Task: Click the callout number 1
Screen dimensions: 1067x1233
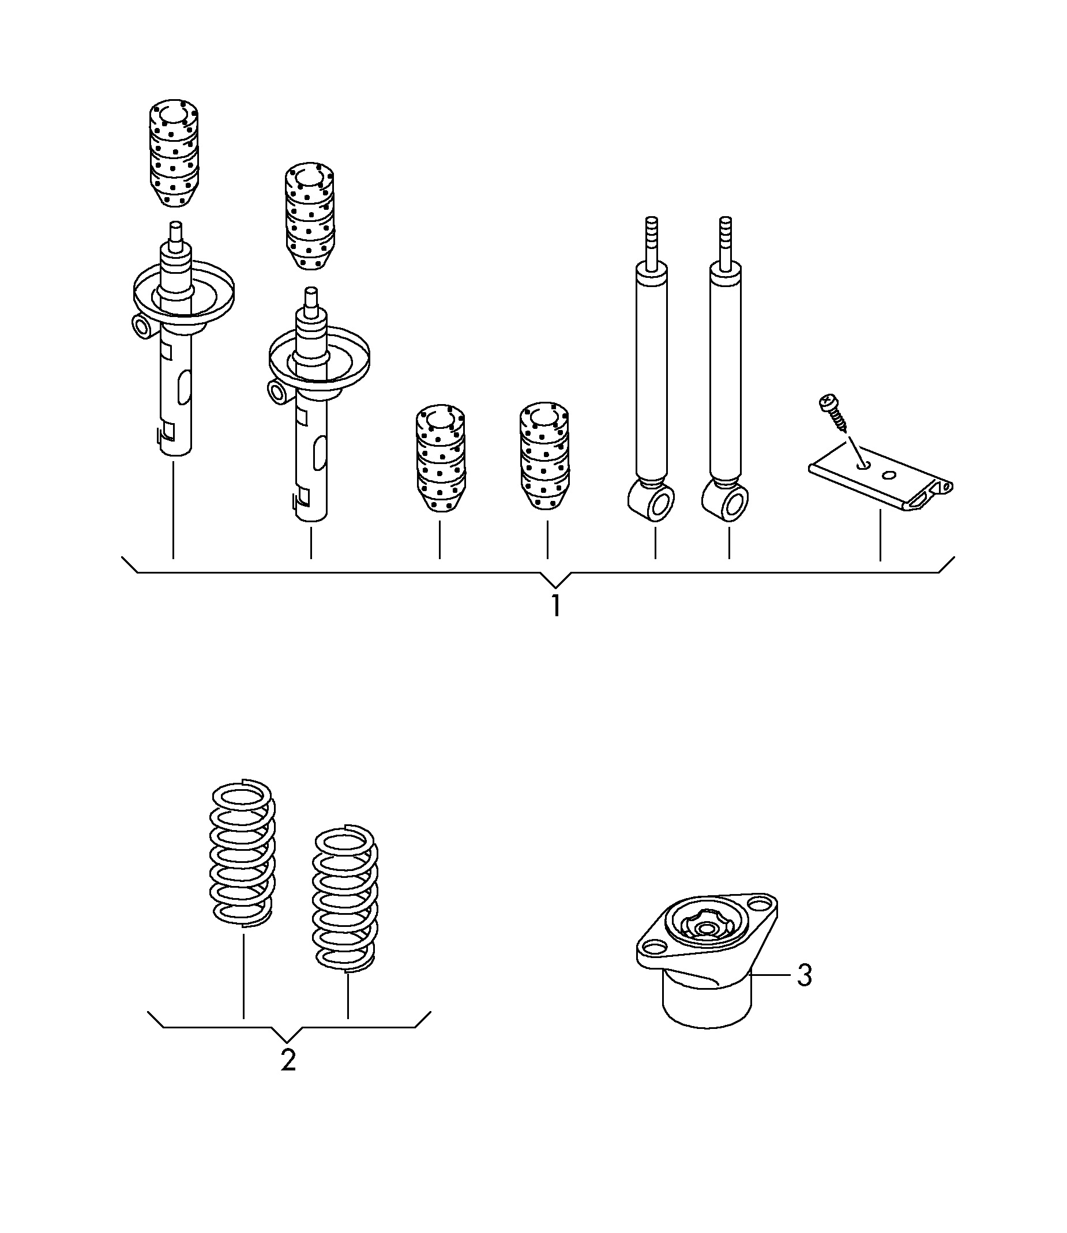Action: pos(555,605)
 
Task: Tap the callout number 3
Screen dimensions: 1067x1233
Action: pos(805,976)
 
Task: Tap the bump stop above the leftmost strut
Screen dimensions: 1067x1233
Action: pos(173,154)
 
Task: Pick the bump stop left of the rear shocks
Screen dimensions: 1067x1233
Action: pos(545,456)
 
